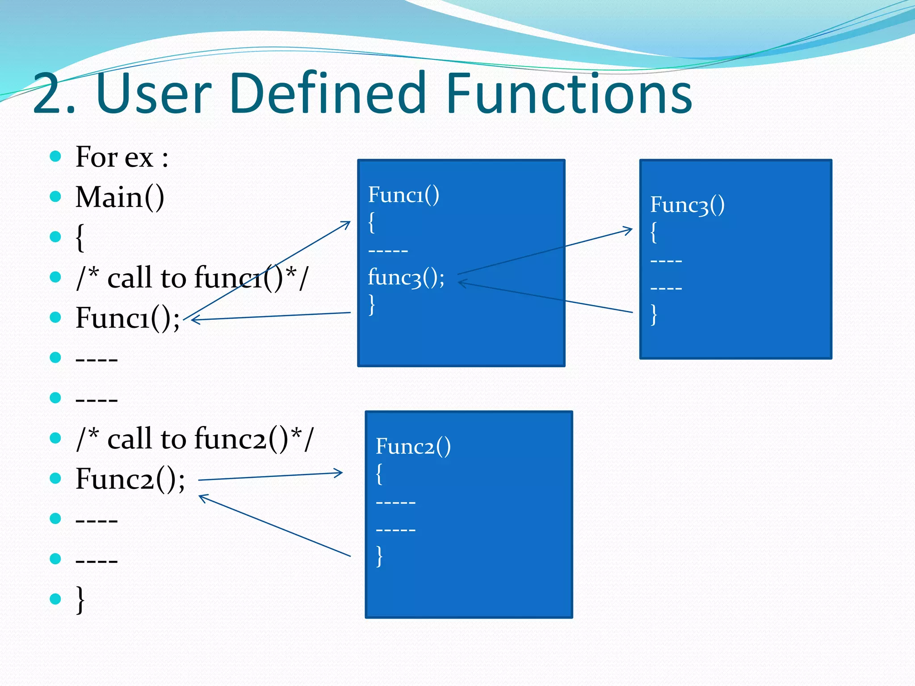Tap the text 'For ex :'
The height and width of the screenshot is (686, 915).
point(122,157)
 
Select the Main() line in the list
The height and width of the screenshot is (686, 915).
point(120,197)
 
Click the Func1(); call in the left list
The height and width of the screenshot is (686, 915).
point(127,318)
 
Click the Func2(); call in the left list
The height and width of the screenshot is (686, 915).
point(130,479)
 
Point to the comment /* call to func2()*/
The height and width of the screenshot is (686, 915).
point(195,439)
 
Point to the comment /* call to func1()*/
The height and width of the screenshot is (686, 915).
point(192,278)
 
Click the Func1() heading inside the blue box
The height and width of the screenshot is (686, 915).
point(403,195)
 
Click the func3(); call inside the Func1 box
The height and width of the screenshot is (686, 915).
point(406,277)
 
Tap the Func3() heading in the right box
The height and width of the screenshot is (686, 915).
point(687,205)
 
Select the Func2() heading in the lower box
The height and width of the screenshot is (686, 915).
point(413,446)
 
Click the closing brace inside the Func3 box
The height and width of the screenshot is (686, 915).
point(654,314)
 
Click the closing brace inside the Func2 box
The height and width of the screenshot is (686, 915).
point(379,556)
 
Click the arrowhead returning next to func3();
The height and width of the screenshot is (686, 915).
point(462,283)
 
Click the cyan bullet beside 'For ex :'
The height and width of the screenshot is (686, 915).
point(55,156)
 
